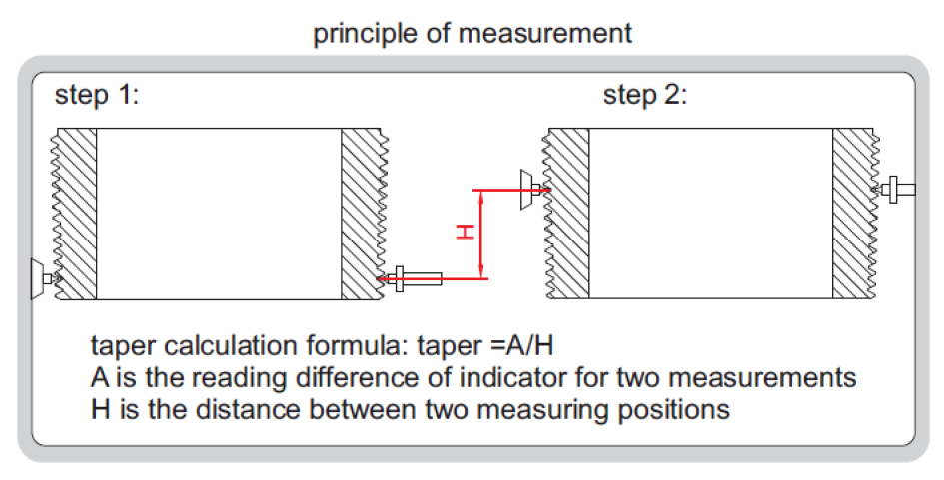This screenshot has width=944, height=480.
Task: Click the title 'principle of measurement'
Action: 472,33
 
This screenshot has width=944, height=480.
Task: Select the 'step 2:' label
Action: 645,96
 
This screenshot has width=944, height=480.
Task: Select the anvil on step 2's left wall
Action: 529,188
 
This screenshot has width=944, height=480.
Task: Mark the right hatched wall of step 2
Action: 853,214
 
